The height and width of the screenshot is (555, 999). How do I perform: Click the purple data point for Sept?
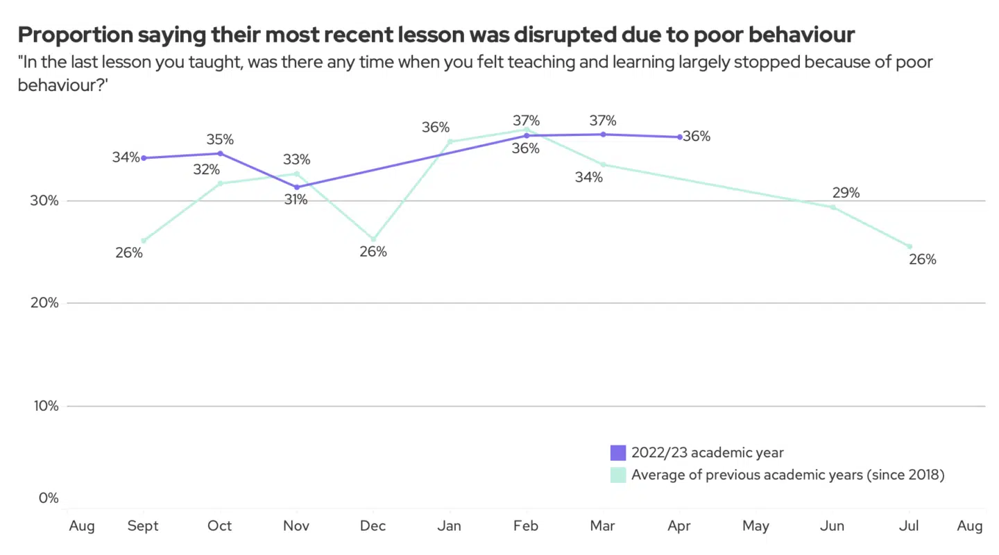tap(144, 158)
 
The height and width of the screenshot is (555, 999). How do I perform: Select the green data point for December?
tap(373, 239)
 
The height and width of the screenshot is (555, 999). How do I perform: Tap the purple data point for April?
tap(680, 137)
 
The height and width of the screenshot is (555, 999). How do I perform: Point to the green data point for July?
tap(910, 246)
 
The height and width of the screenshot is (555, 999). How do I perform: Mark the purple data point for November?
tap(297, 187)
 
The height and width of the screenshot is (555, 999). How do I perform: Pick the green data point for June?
tap(833, 207)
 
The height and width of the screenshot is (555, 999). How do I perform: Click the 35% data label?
tap(220, 140)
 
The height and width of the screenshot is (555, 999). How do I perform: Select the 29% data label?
tap(846, 193)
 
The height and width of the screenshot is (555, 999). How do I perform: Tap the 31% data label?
tap(295, 200)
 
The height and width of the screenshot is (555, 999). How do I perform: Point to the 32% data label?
tap(207, 169)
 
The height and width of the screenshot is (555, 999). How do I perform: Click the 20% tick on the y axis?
tap(44, 303)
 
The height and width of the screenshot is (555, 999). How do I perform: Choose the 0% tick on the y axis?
tap(49, 498)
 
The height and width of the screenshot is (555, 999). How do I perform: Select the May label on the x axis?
tap(755, 527)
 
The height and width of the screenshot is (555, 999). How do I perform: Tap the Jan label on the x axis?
tap(450, 527)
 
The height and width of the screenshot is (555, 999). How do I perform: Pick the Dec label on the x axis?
tap(373, 527)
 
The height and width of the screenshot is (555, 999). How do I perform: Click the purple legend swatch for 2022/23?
tap(618, 453)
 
